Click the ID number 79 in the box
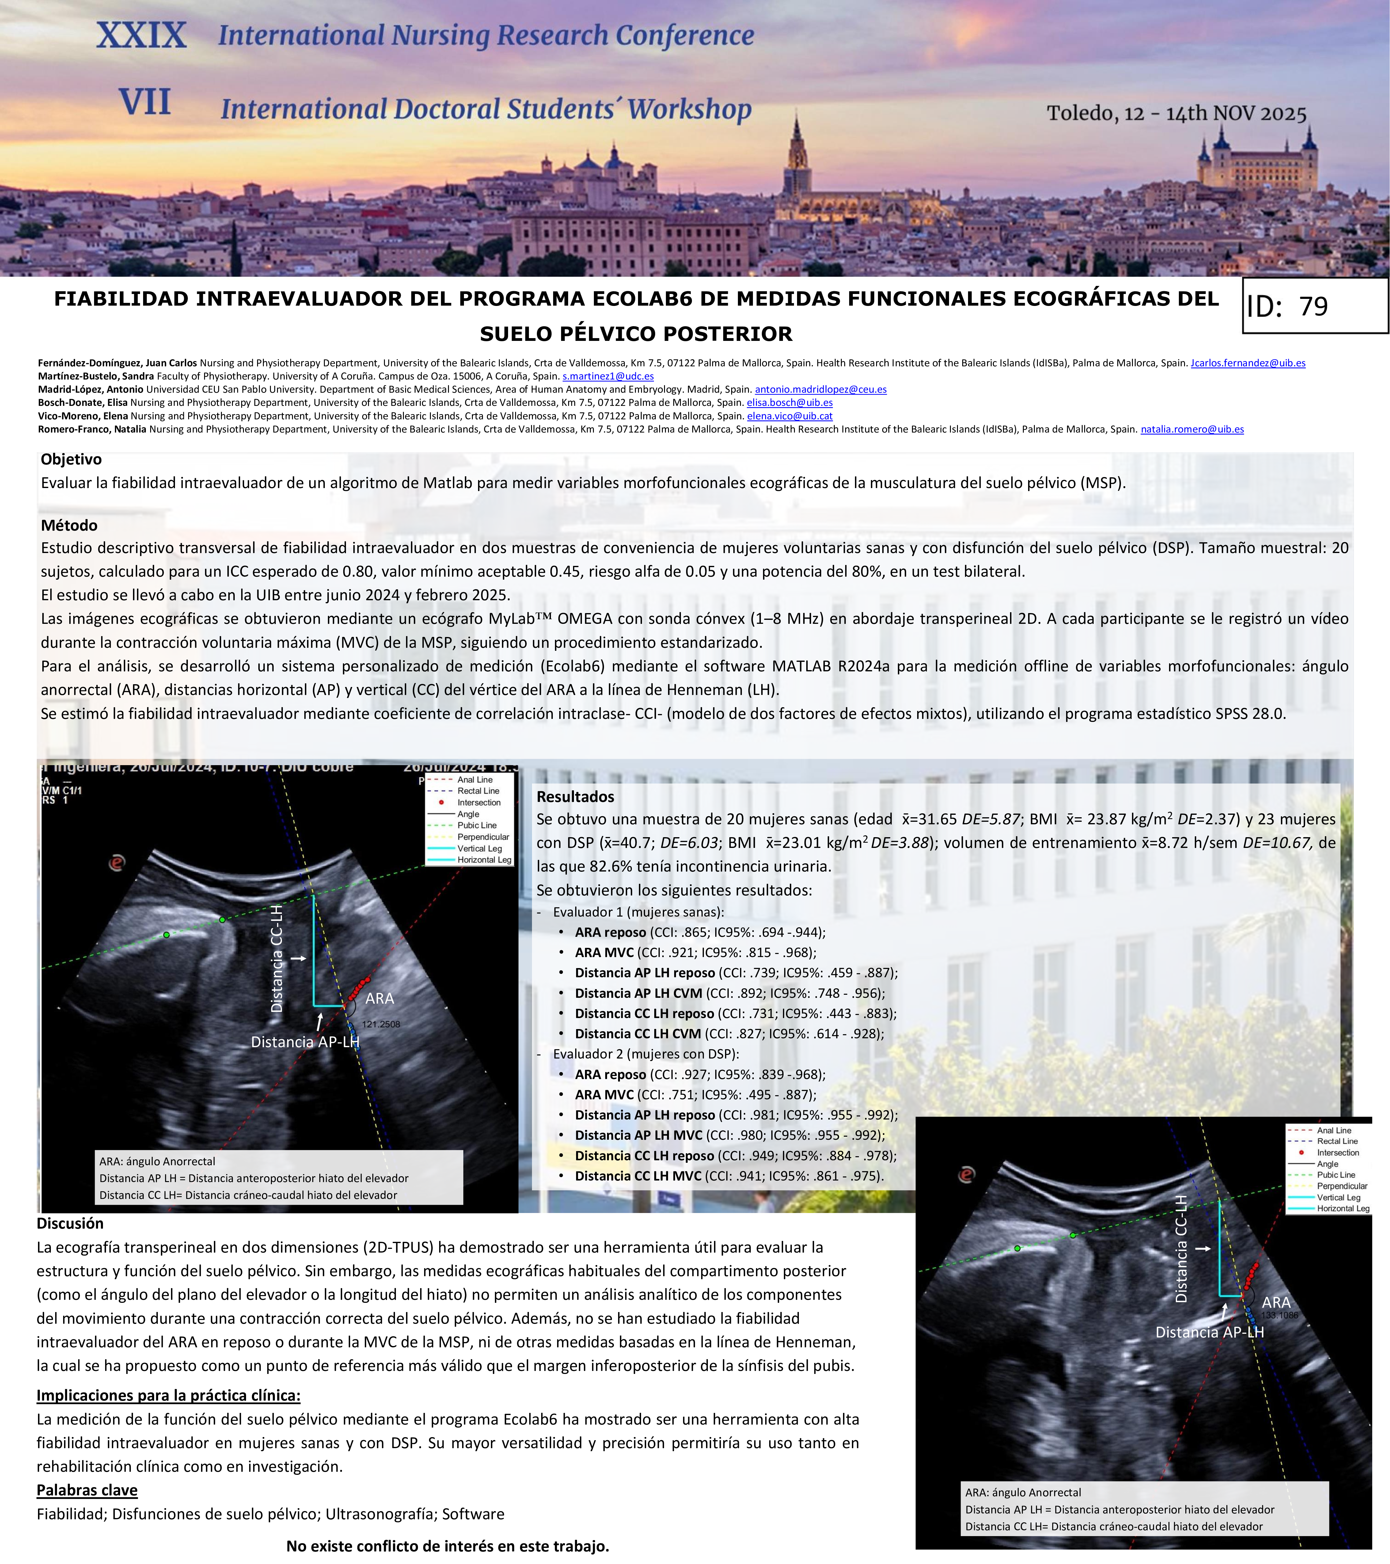click(1313, 307)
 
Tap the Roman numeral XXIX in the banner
click(142, 35)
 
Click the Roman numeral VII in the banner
click(145, 102)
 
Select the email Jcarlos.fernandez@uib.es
click(1248, 364)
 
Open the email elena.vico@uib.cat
click(789, 416)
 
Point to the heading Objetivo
click(71, 459)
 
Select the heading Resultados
click(575, 796)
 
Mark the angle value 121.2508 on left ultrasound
click(381, 1024)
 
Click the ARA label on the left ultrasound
click(379, 998)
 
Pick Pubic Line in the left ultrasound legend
click(477, 826)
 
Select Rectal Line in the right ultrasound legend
click(1337, 1141)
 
